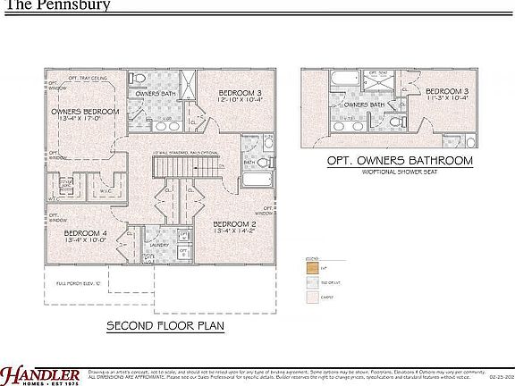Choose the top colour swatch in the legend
[312, 267]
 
